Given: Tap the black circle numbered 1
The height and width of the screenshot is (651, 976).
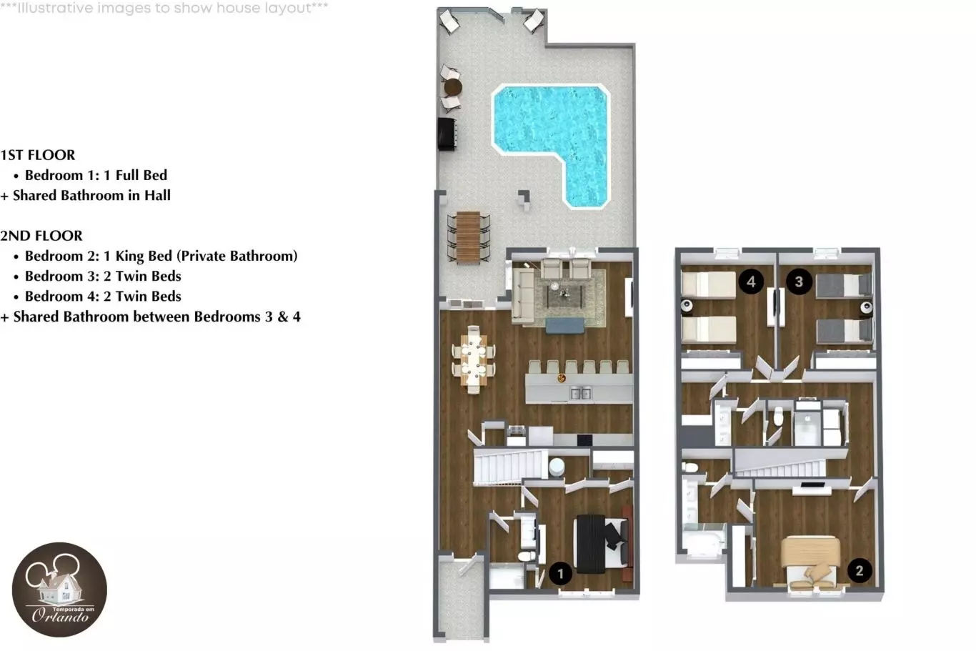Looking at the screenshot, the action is tap(560, 574).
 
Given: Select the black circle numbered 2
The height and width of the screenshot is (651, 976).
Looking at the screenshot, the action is tap(860, 570).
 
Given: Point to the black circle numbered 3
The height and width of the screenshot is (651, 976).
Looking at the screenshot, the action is tap(799, 282).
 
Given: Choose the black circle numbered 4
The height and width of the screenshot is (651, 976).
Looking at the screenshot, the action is tap(751, 282).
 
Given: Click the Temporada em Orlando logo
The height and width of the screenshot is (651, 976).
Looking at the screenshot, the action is tap(59, 590).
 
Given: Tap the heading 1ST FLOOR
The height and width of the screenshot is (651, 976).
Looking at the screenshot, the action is tap(37, 155).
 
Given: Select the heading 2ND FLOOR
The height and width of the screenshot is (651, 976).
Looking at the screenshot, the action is tap(41, 236).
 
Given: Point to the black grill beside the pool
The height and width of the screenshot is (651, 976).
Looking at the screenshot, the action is tap(447, 134).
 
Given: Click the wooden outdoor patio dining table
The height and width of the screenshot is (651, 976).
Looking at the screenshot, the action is tap(469, 237).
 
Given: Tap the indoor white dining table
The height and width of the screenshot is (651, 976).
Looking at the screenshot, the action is tap(473, 360).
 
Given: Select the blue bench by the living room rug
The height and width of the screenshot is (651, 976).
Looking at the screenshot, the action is tap(564, 326).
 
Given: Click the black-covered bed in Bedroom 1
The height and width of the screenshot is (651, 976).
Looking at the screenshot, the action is tap(602, 543).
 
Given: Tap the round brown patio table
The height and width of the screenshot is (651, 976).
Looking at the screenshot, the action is tap(453, 88).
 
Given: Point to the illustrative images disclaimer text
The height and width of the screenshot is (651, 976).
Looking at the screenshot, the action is tap(164, 8).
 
